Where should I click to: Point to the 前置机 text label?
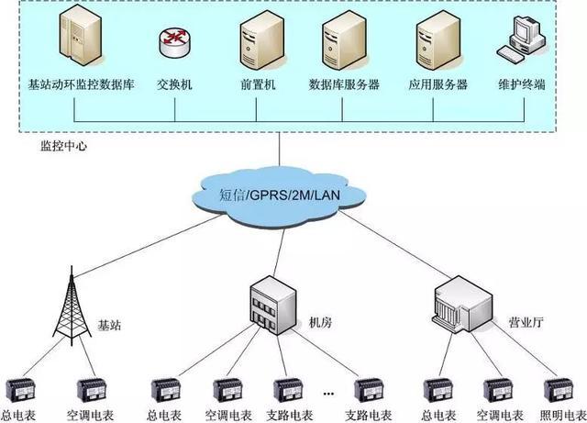pyautogui.click(x=259, y=84)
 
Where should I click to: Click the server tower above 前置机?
pyautogui.click(x=258, y=41)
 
